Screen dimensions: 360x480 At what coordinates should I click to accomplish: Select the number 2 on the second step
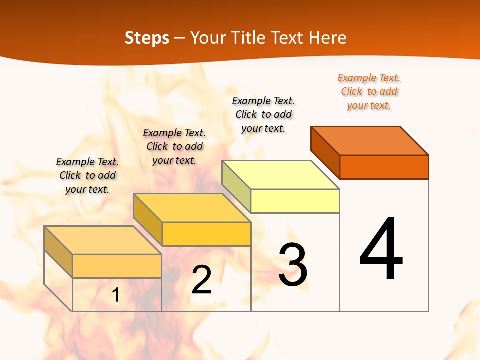(201, 280)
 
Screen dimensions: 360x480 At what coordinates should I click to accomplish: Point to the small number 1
(115, 295)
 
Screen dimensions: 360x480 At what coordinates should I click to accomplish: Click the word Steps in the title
(147, 38)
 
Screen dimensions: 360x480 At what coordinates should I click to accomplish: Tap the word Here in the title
(328, 38)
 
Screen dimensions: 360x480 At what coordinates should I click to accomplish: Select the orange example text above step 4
(369, 92)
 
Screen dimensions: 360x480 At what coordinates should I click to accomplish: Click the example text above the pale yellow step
(263, 114)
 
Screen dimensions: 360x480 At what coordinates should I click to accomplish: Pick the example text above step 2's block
(174, 146)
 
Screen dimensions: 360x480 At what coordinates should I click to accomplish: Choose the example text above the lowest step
(87, 175)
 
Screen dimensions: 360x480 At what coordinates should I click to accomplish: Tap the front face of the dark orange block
(384, 167)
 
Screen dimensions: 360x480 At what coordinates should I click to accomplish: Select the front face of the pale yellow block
(295, 201)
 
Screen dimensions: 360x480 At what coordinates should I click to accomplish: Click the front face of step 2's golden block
(206, 234)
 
